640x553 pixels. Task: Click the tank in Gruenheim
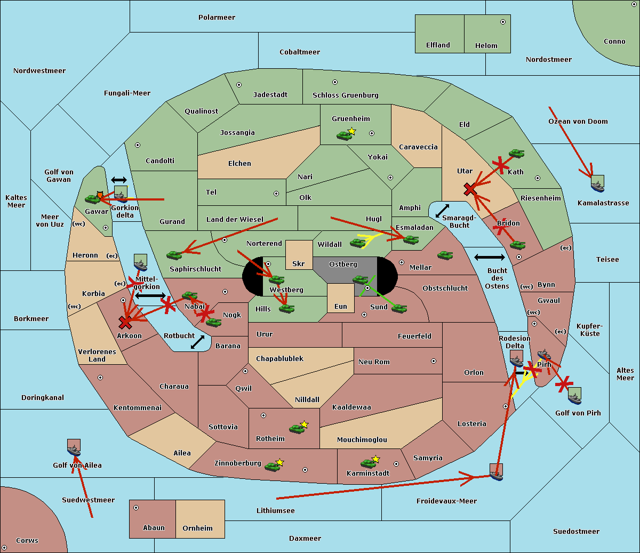pyautogui.click(x=344, y=135)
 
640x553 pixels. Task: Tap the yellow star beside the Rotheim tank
pyautogui.click(x=304, y=424)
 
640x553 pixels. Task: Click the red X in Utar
pyautogui.click(x=470, y=189)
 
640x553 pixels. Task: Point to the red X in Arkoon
pyautogui.click(x=125, y=322)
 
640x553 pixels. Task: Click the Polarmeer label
pyautogui.click(x=217, y=18)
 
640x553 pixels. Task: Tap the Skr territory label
pyautogui.click(x=298, y=263)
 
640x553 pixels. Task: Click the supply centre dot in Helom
pyautogui.click(x=503, y=22)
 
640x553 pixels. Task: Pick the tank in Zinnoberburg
pyautogui.click(x=273, y=467)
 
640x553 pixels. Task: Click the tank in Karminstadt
pyautogui.click(x=369, y=463)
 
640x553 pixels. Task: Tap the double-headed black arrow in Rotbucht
pyautogui.click(x=197, y=342)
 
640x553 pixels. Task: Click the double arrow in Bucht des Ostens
pyautogui.click(x=490, y=257)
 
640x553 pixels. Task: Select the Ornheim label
pyautogui.click(x=197, y=528)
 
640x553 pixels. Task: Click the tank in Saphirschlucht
pyautogui.click(x=174, y=255)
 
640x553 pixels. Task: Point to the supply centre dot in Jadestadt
pyautogui.click(x=239, y=85)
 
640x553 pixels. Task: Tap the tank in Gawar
pyautogui.click(x=93, y=199)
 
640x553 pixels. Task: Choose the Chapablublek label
pyautogui.click(x=279, y=358)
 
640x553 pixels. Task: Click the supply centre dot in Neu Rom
pyautogui.click(x=434, y=361)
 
